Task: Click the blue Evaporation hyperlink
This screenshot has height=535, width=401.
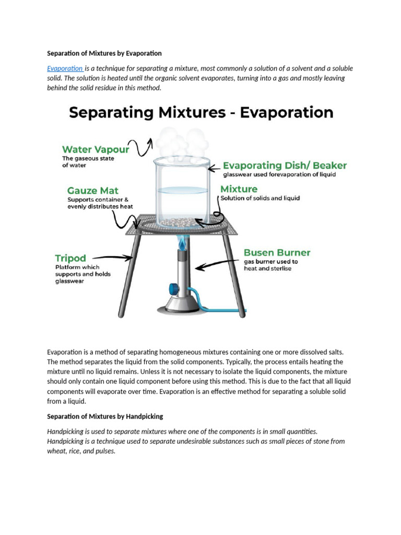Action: tap(65, 68)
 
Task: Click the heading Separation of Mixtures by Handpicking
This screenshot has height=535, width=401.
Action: tap(105, 416)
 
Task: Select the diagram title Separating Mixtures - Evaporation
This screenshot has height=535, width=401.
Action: tap(201, 113)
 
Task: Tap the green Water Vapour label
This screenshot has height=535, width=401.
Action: tap(96, 149)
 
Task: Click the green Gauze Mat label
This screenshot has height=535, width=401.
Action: tap(92, 190)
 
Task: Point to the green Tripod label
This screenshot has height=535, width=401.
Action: tap(70, 258)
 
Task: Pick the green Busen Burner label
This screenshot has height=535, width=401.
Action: tap(277, 253)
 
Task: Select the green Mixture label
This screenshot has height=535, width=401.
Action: tap(239, 189)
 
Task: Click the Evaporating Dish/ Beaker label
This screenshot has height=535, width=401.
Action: tap(285, 166)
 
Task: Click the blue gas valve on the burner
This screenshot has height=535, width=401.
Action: tap(173, 289)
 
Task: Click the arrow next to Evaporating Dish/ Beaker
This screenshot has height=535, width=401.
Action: tap(214, 168)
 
